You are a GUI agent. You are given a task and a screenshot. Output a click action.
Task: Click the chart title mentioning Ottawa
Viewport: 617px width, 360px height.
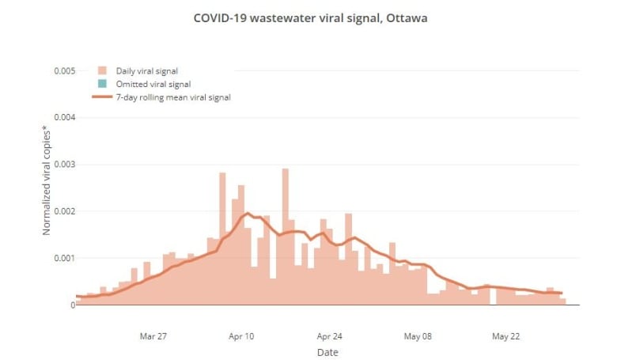(x=310, y=17)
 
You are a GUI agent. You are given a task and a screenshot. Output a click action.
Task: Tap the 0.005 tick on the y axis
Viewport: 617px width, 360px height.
(x=65, y=71)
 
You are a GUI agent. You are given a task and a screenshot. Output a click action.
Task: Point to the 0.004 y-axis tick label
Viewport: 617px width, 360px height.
(x=65, y=118)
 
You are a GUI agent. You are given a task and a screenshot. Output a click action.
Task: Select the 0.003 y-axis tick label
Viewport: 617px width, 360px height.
(x=65, y=165)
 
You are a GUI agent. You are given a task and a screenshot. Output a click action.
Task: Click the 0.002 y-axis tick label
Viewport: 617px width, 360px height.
(x=65, y=211)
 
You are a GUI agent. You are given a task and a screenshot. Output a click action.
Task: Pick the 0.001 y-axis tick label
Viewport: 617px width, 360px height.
(x=65, y=258)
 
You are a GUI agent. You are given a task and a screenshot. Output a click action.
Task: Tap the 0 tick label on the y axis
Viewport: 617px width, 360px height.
(x=72, y=305)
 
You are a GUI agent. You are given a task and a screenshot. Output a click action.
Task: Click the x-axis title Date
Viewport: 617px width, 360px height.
(x=327, y=352)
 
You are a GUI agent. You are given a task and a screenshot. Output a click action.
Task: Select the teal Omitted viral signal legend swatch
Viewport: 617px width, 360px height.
(x=102, y=84)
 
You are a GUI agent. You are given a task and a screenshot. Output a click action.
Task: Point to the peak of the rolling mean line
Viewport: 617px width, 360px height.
(x=248, y=213)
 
